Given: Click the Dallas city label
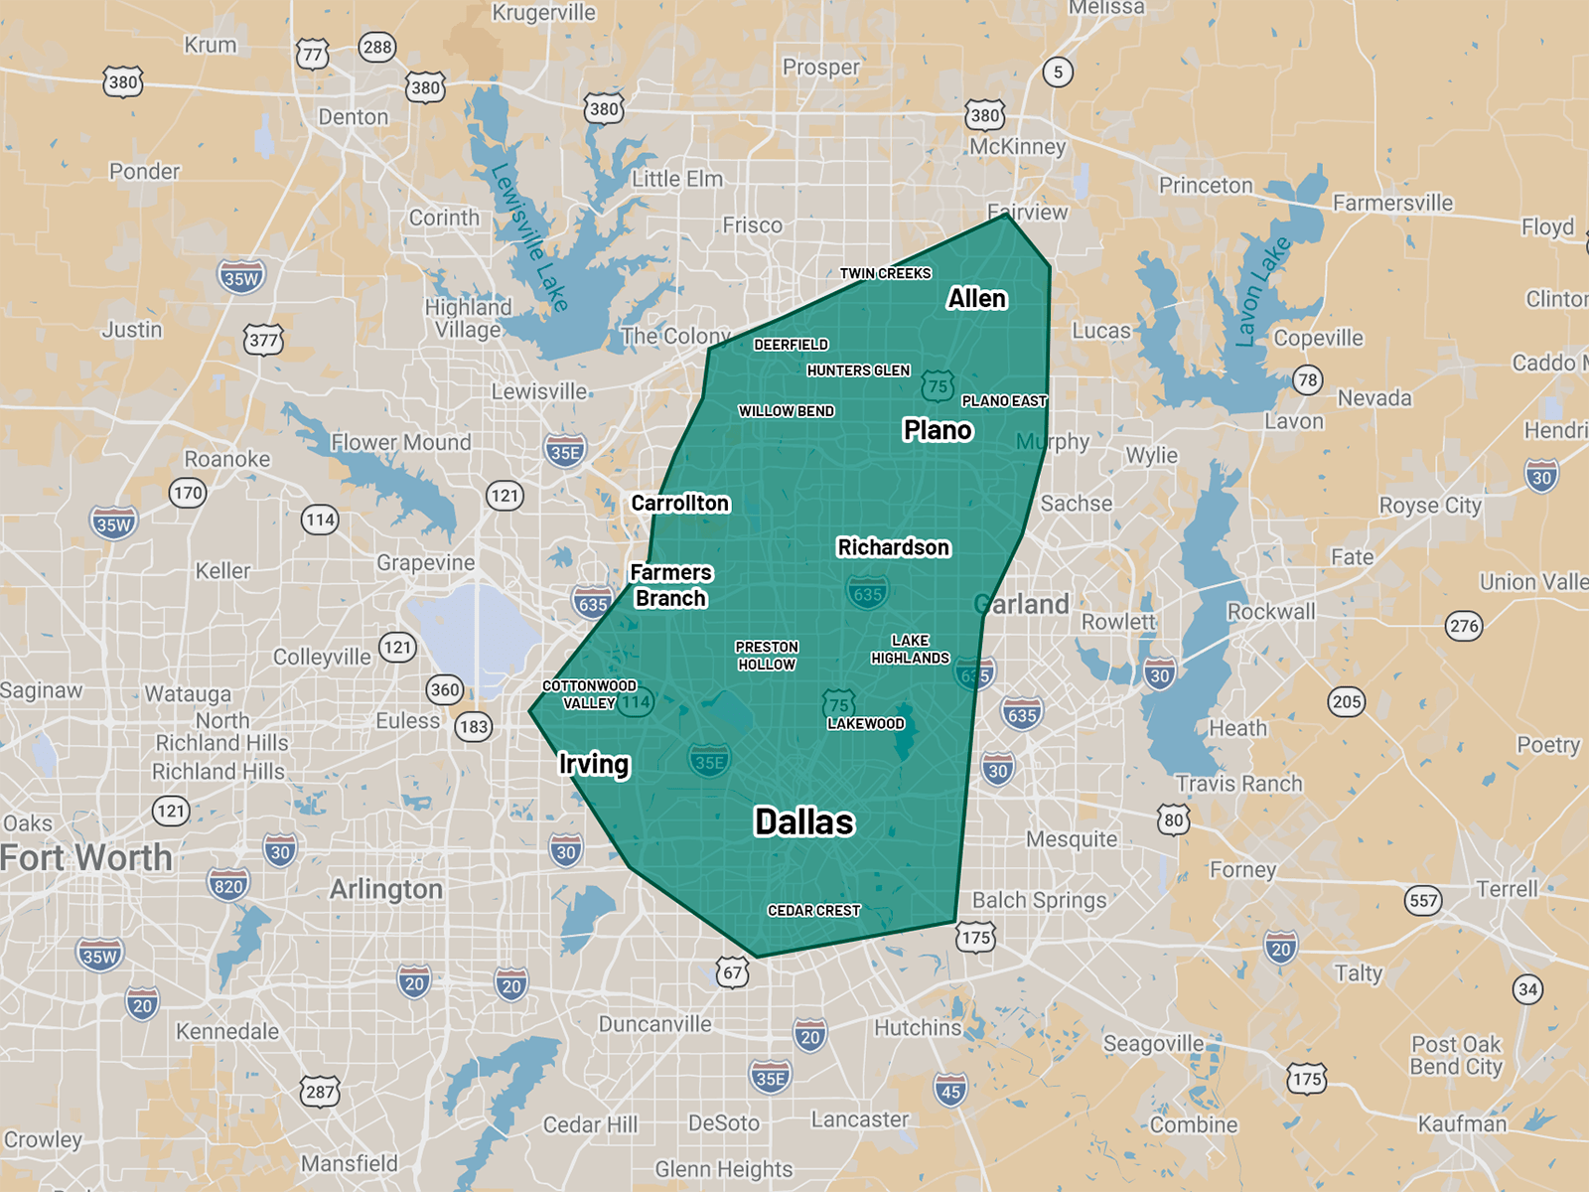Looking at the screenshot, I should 804,822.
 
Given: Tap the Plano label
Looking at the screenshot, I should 938,430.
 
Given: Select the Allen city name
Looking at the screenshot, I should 977,299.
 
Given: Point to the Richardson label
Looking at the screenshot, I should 894,547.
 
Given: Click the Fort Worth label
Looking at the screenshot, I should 86,857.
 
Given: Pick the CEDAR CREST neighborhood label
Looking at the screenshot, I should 813,911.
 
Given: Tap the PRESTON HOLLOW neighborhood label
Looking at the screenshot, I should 767,656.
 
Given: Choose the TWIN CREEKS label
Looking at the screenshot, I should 885,273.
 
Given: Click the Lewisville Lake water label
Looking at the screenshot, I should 529,236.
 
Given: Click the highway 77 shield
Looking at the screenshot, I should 313,54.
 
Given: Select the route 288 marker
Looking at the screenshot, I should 377,47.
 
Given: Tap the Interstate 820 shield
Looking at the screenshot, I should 228,885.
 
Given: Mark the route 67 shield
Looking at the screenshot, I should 733,972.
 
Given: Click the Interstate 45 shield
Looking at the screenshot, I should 950,1091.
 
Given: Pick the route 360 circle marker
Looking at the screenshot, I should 445,689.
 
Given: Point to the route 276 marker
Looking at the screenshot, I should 1464,626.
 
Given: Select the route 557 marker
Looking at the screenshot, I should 1423,901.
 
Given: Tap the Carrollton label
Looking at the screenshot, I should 680,504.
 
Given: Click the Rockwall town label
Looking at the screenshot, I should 1271,611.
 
